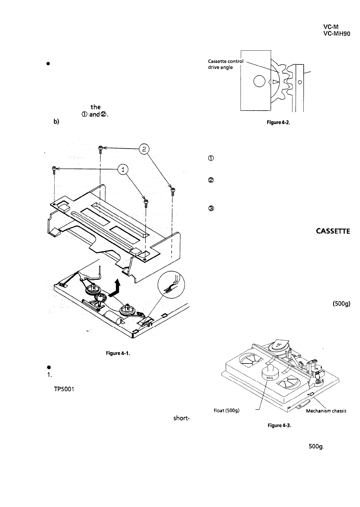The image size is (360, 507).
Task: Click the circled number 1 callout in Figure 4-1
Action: (x=123, y=170)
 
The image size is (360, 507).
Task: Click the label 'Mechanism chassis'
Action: (x=326, y=411)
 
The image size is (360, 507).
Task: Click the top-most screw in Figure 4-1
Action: (x=101, y=148)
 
